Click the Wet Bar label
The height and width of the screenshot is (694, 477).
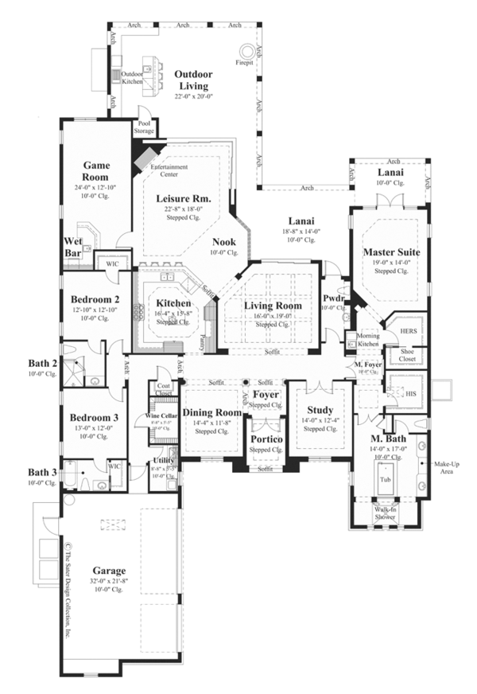[x=74, y=248]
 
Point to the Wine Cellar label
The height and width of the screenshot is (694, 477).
[x=161, y=415]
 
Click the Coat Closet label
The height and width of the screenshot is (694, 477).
[x=165, y=389]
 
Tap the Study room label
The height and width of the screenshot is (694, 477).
[x=320, y=411]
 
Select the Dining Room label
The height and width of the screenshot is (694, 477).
[x=211, y=412]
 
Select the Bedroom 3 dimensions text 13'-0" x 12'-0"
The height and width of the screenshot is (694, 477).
[x=94, y=428]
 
